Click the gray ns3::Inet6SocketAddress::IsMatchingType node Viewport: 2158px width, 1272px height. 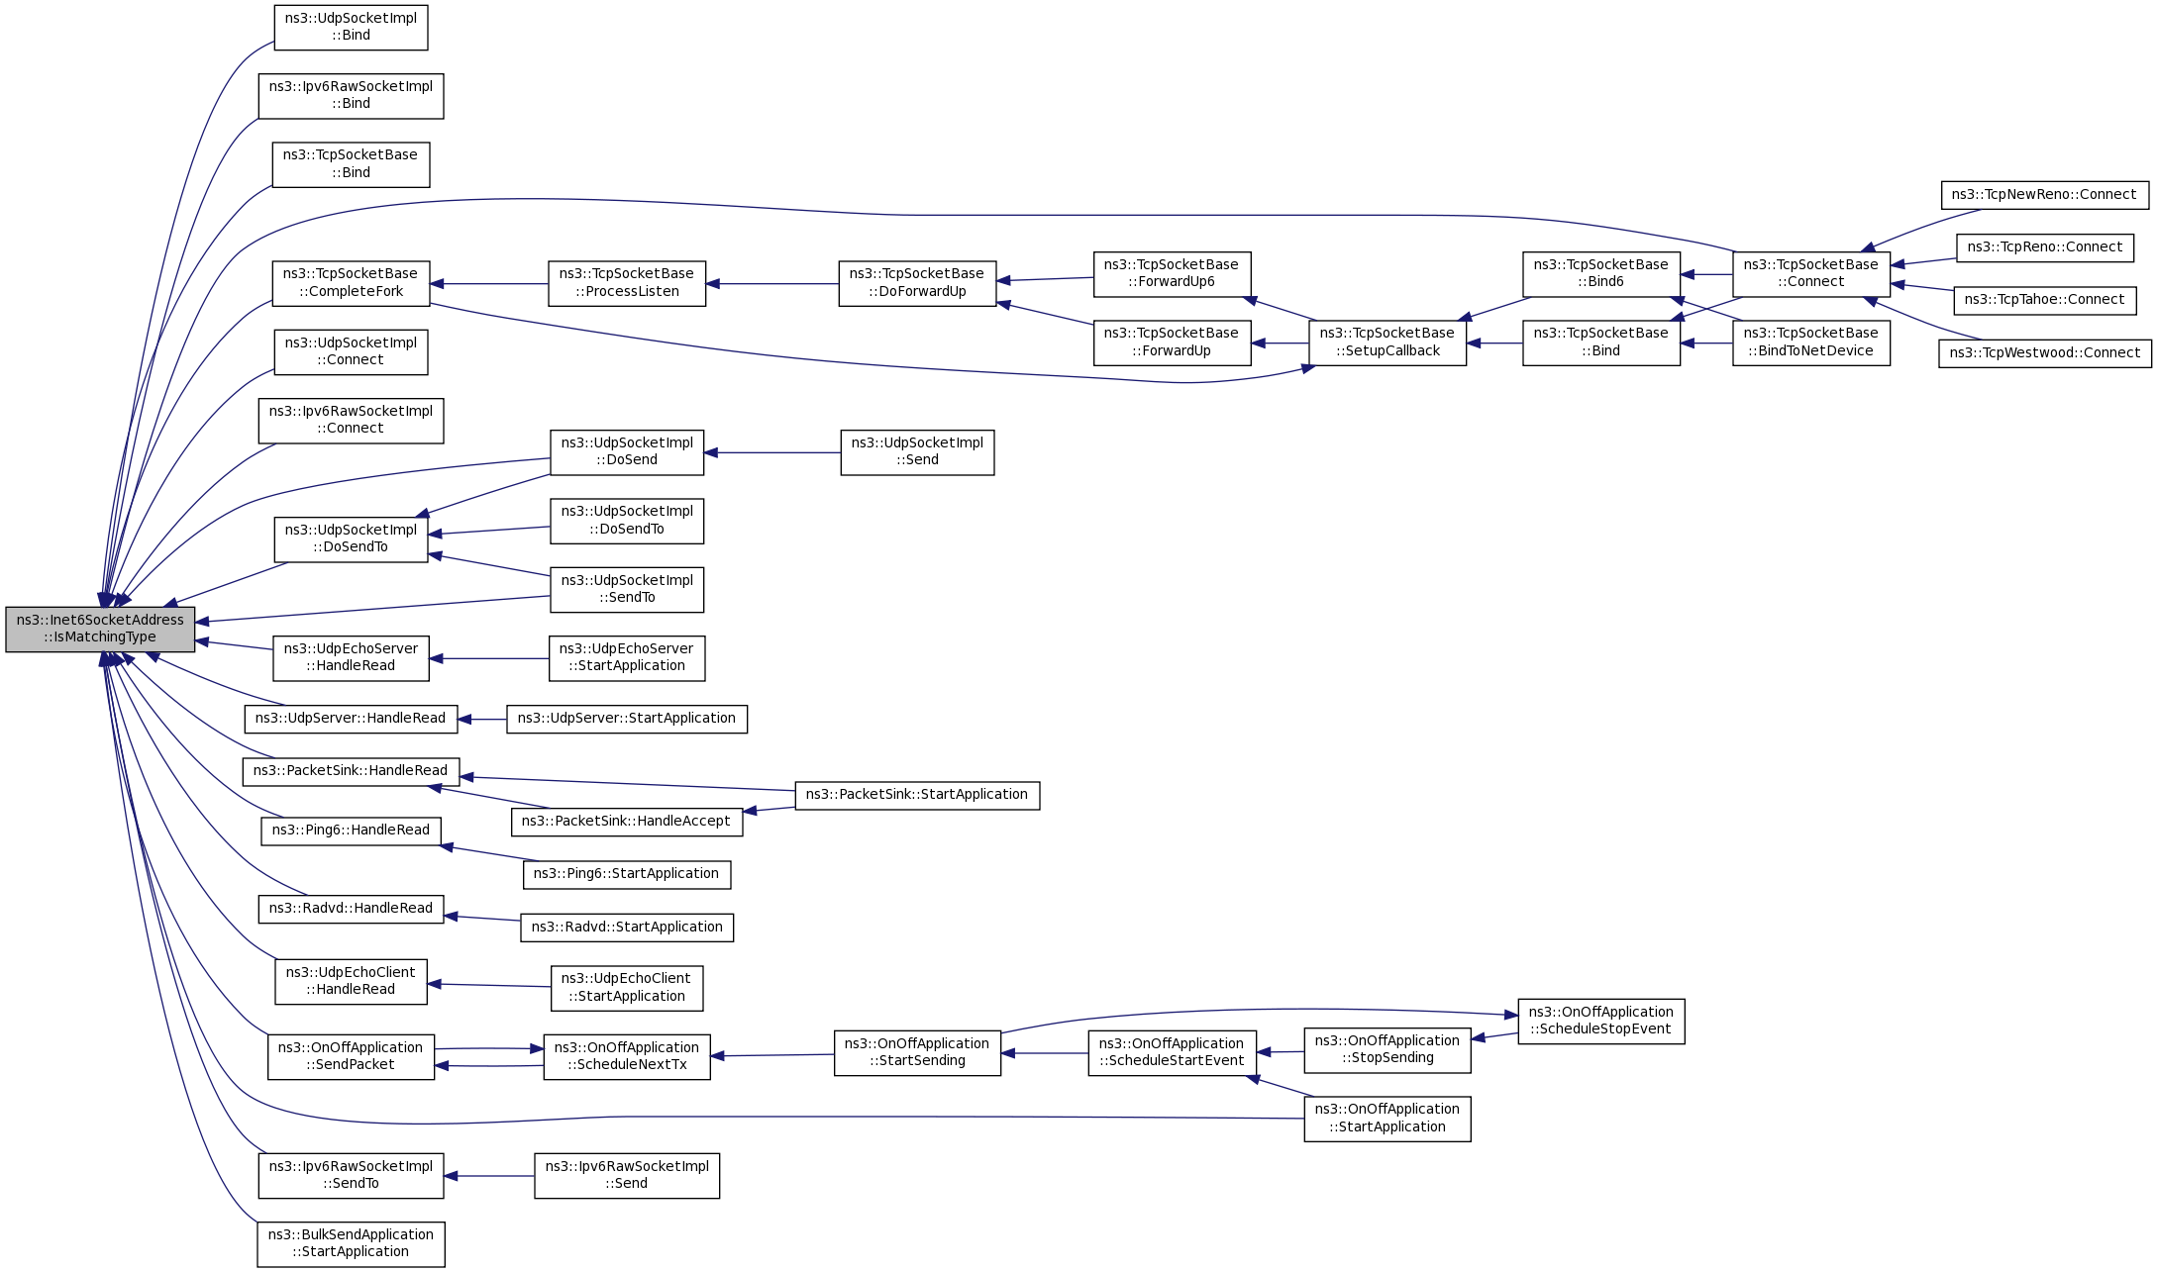tap(100, 629)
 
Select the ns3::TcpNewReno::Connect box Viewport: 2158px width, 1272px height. tap(2044, 195)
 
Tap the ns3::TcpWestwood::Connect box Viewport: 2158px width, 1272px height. tap(2044, 353)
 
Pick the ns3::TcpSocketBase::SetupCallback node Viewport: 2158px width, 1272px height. tap(1387, 342)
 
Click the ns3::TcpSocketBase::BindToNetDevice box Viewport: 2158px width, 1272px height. tap(1810, 342)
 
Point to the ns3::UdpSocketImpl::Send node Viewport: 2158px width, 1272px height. tap(917, 452)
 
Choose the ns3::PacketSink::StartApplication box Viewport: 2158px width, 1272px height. tap(917, 795)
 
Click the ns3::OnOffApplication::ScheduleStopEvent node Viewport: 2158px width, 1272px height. tap(1600, 1021)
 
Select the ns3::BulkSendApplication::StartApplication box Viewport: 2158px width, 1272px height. tap(351, 1243)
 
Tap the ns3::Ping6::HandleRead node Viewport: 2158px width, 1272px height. tap(351, 831)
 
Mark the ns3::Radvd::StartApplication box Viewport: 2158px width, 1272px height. tap(627, 928)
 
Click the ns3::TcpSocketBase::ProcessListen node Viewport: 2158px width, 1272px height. tap(627, 283)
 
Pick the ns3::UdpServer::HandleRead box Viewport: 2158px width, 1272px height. tap(351, 719)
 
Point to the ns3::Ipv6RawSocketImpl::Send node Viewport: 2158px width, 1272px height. tap(627, 1175)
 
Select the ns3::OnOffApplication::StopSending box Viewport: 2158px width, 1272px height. tap(1387, 1049)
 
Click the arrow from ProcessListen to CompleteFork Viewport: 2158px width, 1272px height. tap(489, 284)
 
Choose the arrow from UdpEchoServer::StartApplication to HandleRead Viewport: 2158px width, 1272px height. tap(489, 658)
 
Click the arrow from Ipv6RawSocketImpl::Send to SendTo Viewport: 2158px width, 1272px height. tap(489, 1176)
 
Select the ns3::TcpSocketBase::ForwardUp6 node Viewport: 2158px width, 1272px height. tap(1172, 273)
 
